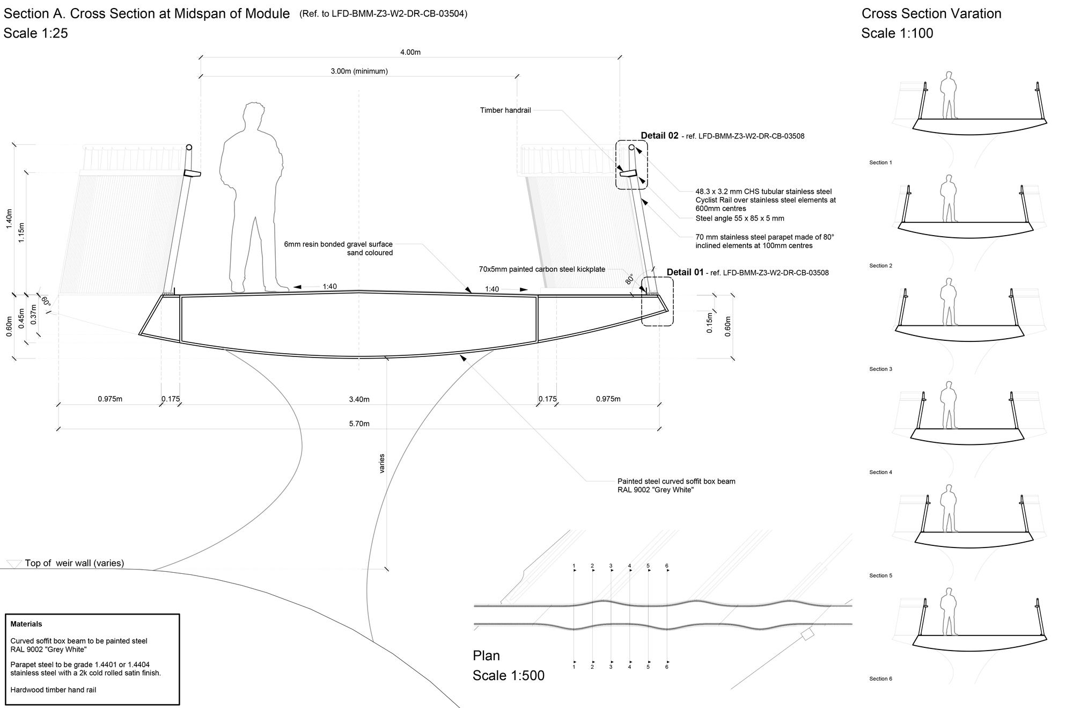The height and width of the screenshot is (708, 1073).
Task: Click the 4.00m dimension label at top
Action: pyautogui.click(x=410, y=52)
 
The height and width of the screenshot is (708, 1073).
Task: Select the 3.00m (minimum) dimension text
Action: pyautogui.click(x=359, y=71)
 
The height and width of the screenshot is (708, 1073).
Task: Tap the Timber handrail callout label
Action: pyautogui.click(x=505, y=110)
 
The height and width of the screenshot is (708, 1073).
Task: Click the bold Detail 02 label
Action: pyautogui.click(x=659, y=136)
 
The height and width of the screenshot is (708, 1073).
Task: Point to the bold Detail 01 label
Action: pyautogui.click(x=685, y=272)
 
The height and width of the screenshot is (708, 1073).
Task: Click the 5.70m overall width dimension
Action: pyautogui.click(x=359, y=424)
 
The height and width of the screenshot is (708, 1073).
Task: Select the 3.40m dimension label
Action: pyautogui.click(x=359, y=399)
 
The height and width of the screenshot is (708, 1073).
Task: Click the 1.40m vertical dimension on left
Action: pyautogui.click(x=9, y=219)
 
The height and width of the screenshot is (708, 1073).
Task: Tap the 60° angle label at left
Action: pyautogui.click(x=45, y=301)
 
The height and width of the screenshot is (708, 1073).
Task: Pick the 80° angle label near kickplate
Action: pyautogui.click(x=629, y=279)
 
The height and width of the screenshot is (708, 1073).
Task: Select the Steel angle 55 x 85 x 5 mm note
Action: pyautogui.click(x=739, y=218)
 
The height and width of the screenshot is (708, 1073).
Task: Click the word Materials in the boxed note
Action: pyautogui.click(x=26, y=624)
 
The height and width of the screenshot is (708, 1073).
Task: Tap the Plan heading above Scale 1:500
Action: pyautogui.click(x=486, y=655)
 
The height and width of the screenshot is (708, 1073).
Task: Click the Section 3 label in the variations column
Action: pyautogui.click(x=880, y=369)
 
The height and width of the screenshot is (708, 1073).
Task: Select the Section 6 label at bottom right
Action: pyautogui.click(x=880, y=678)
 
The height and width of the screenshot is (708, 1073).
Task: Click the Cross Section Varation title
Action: pyautogui.click(x=931, y=13)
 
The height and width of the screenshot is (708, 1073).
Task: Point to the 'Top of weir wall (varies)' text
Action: pyautogui.click(x=74, y=563)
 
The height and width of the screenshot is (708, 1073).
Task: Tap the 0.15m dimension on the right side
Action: pyautogui.click(x=709, y=323)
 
